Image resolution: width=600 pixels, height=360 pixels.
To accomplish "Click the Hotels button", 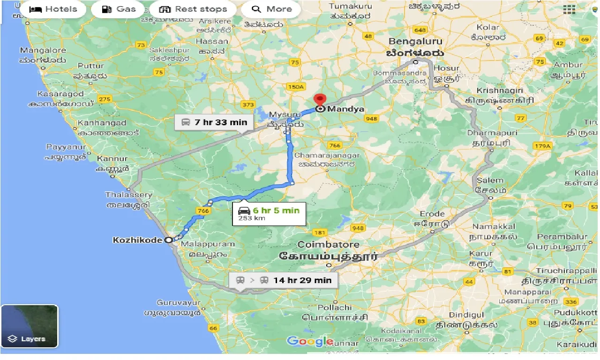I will [53, 9].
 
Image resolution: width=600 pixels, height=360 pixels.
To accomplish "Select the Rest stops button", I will [193, 9].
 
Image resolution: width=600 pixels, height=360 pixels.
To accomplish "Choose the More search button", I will [271, 9].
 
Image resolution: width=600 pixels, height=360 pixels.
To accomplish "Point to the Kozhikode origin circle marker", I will [169, 240].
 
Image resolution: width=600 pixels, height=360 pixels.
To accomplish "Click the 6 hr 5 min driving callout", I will [269, 214].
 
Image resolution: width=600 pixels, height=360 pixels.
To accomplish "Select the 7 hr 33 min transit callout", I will [214, 122].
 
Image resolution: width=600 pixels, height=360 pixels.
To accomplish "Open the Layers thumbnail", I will [29, 326].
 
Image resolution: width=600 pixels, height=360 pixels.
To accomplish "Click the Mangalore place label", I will [43, 50].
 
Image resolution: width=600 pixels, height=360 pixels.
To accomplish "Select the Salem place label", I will [490, 180].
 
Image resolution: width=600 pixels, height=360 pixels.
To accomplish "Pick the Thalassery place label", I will [128, 195].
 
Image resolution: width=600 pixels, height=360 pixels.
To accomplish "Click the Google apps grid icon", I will [569, 9].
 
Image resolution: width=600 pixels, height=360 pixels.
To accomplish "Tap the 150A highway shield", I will [295, 87].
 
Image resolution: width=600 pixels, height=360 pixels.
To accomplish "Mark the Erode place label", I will [432, 214].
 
